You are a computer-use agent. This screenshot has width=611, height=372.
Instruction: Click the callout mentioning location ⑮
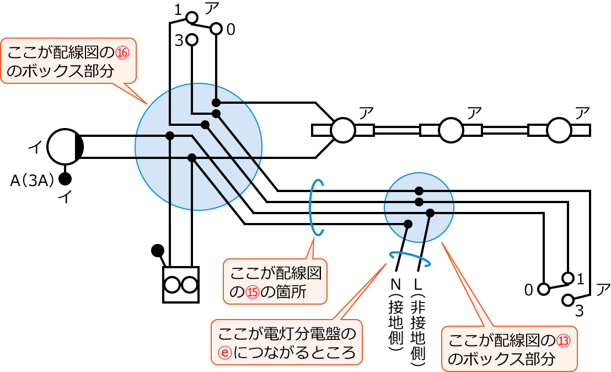click(x=275, y=281)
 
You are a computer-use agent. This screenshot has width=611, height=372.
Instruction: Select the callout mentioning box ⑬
click(x=509, y=348)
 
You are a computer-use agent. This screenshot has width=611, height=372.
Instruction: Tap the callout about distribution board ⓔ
click(x=286, y=342)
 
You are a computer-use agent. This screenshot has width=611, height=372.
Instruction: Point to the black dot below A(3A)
click(x=65, y=179)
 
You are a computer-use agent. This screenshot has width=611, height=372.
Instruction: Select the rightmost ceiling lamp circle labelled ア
click(x=559, y=130)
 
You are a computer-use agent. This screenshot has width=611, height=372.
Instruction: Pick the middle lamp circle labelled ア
click(x=451, y=130)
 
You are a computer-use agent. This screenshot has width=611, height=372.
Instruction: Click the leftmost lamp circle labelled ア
click(x=342, y=130)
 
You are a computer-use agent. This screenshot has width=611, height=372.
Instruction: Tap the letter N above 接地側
click(x=395, y=284)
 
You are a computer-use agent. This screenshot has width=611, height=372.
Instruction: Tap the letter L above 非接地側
click(x=417, y=284)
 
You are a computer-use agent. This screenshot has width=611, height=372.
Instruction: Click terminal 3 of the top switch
click(x=192, y=40)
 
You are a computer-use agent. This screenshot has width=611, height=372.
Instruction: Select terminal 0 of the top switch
click(x=216, y=28)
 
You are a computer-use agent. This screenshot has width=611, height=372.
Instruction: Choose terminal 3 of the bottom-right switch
click(x=567, y=300)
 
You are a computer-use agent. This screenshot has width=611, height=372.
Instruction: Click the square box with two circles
click(x=180, y=285)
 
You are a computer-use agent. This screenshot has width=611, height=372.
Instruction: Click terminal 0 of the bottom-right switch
click(x=544, y=288)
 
